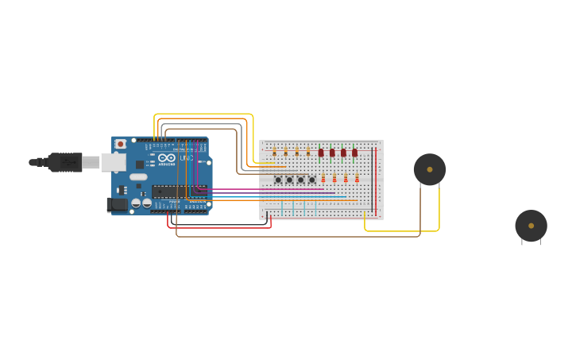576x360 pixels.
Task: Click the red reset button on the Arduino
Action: tap(120, 144)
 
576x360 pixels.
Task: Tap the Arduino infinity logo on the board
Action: tap(166, 158)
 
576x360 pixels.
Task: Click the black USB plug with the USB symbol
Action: tap(65, 162)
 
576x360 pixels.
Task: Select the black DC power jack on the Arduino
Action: tap(116, 205)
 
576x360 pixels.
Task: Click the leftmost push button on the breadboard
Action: tap(278, 180)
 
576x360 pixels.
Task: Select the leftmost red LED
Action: tap(321, 153)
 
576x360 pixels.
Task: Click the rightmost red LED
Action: tap(355, 153)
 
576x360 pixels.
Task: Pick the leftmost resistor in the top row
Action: tap(274, 151)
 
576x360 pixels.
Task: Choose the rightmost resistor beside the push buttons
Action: tap(357, 179)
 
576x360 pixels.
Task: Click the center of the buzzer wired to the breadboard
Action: tap(430, 169)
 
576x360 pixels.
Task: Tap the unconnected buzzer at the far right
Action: tap(531, 226)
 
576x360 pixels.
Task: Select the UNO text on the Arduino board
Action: tap(186, 158)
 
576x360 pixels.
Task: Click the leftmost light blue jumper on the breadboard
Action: tap(281, 207)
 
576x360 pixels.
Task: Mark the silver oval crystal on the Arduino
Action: tap(138, 177)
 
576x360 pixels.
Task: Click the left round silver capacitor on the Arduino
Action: tap(137, 203)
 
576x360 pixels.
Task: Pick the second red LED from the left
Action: tap(332, 153)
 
